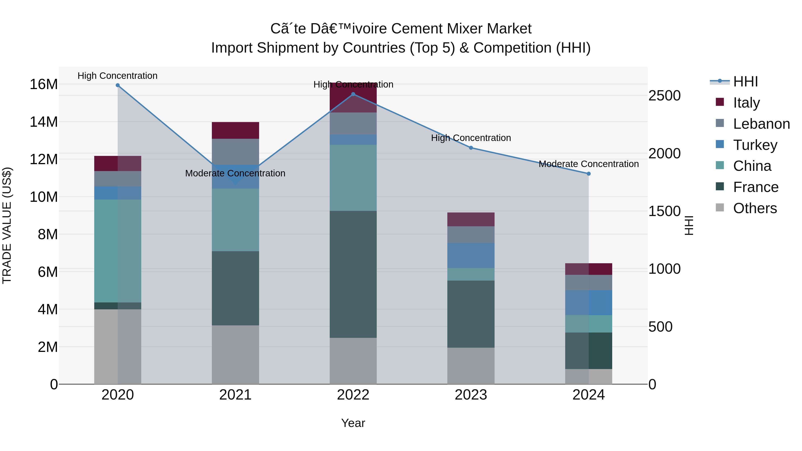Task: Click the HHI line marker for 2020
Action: point(118,85)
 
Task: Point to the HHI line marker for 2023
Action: point(471,148)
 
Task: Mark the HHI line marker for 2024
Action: point(588,174)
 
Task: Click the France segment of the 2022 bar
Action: point(353,274)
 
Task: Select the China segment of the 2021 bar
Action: point(235,220)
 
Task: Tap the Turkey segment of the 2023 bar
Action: point(471,255)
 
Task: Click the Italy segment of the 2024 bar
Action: point(588,269)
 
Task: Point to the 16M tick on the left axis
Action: point(44,84)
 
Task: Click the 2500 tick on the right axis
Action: point(664,96)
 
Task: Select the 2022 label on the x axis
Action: point(353,395)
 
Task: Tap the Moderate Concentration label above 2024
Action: point(588,164)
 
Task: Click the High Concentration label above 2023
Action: point(471,138)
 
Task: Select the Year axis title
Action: point(353,423)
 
